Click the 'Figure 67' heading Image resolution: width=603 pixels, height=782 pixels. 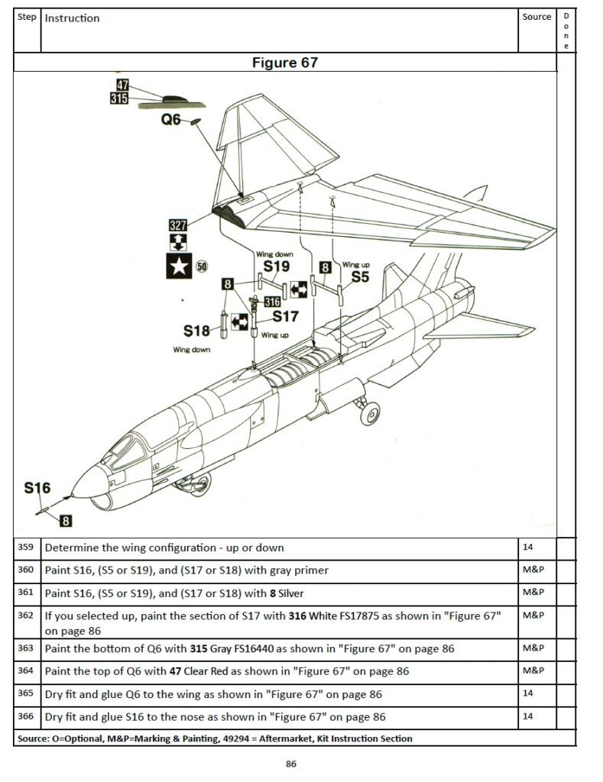point(284,63)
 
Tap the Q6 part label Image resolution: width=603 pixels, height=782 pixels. point(170,120)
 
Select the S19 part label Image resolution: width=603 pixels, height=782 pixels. point(276,267)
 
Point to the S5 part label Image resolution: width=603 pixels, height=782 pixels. point(359,277)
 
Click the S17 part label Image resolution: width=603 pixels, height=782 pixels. point(285,316)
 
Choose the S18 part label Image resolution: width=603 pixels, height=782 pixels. point(196,331)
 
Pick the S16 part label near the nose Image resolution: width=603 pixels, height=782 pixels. point(37,488)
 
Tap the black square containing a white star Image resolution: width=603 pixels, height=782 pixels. point(179,267)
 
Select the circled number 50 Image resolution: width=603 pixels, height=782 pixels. point(203,267)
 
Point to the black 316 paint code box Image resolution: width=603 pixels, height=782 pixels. point(271,302)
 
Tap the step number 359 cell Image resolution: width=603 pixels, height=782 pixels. point(26,548)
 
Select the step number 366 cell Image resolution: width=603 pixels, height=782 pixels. point(26,716)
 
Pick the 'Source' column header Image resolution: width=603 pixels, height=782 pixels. point(537,17)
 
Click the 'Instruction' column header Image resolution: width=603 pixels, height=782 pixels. point(72,18)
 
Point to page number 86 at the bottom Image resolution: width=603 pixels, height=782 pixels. point(290,764)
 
